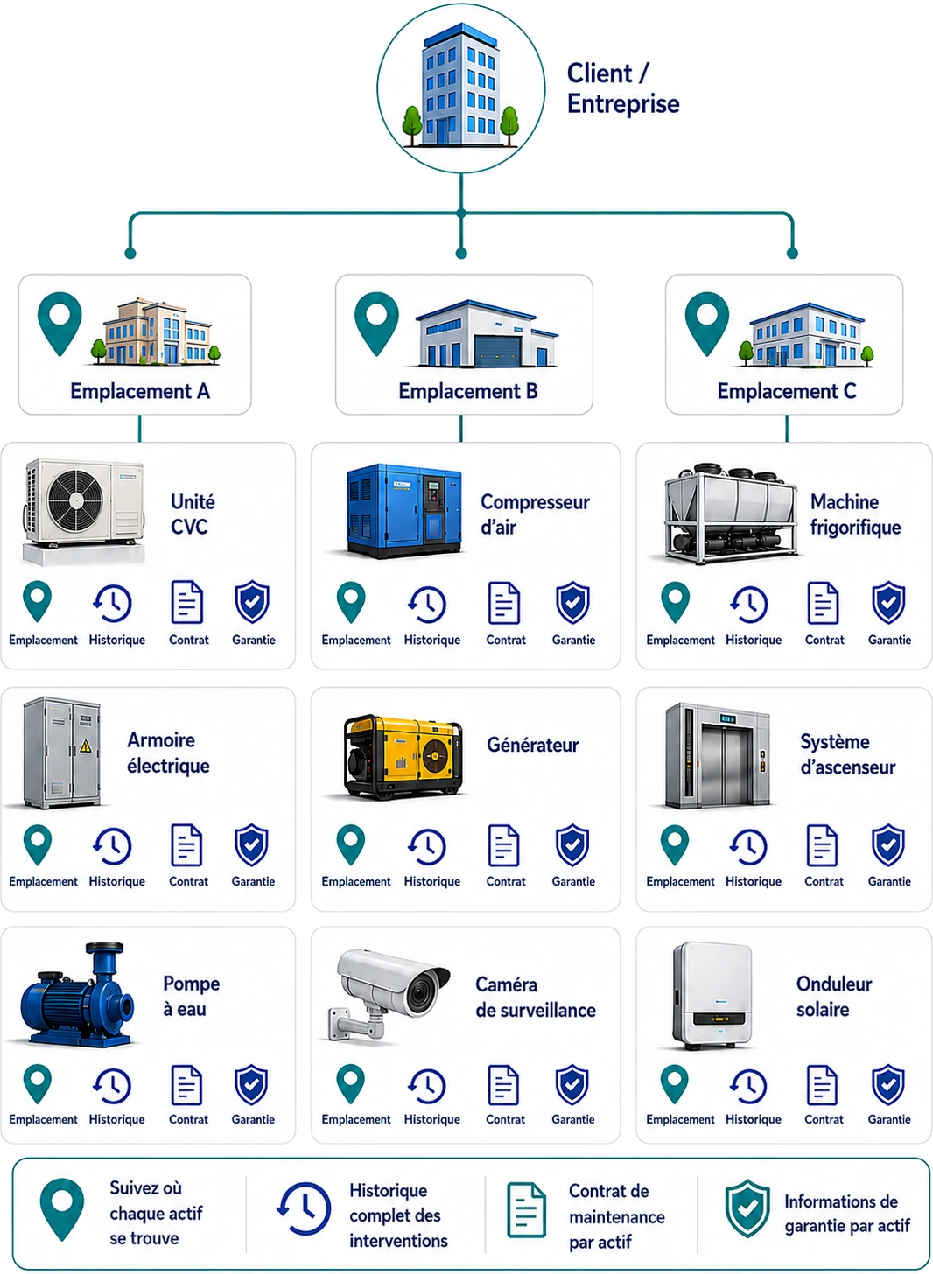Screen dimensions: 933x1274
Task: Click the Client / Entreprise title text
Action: pos(623,88)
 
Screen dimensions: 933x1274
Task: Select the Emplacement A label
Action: pos(140,391)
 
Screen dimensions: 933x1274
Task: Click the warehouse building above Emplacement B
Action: pos(487,334)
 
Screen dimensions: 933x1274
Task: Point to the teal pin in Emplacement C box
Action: pos(706,324)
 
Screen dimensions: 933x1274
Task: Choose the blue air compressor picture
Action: pos(404,510)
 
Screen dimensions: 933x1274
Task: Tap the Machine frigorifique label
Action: pos(856,514)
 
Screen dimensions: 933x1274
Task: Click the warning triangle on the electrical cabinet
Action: pos(86,745)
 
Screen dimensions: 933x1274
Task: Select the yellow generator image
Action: pos(403,757)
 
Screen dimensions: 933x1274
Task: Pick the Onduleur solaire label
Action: pos(834,997)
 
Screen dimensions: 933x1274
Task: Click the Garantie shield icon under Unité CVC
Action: pos(252,602)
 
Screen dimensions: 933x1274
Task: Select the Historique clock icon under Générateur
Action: pos(427,847)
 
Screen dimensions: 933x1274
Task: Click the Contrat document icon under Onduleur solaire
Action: pos(822,1085)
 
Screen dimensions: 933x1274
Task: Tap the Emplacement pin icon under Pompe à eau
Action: pos(38,1084)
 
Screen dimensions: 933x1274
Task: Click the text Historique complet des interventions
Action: pos(398,1215)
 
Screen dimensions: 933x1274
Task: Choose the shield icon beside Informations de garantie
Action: pos(747,1208)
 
